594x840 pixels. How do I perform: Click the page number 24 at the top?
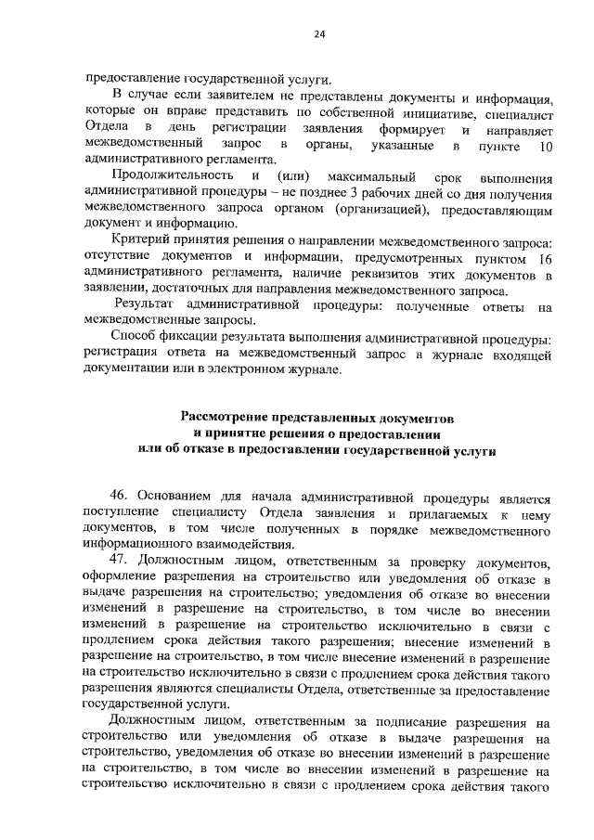point(318,34)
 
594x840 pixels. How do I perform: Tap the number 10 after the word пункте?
point(547,146)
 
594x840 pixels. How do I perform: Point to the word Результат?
point(145,305)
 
